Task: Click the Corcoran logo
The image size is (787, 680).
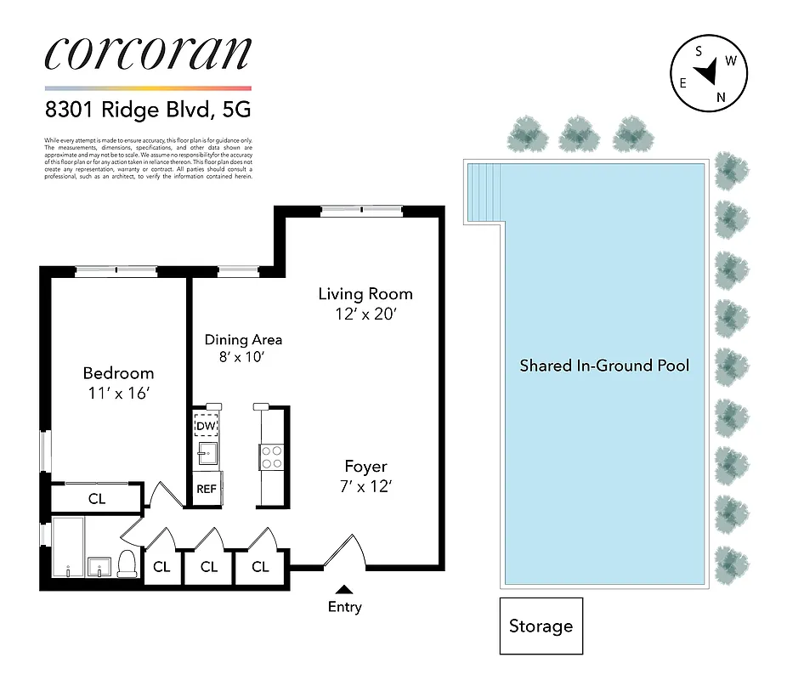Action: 148,53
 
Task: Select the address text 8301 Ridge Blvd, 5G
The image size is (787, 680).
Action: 148,110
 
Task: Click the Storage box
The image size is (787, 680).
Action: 541,626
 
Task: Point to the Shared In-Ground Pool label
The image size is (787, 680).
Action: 604,365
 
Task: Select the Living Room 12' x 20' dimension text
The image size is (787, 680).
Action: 365,314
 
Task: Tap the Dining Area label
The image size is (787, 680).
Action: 243,339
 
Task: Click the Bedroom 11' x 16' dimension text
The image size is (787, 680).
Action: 118,393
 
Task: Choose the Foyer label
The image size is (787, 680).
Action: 365,467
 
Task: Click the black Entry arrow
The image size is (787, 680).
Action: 344,588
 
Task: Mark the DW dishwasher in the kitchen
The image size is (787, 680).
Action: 207,426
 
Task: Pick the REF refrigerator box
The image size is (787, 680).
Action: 207,489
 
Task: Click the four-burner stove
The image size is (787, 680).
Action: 272,457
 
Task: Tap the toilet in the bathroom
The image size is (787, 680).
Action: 127,563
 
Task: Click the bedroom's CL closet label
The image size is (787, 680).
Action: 97,499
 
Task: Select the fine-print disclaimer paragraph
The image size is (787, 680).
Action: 148,157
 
